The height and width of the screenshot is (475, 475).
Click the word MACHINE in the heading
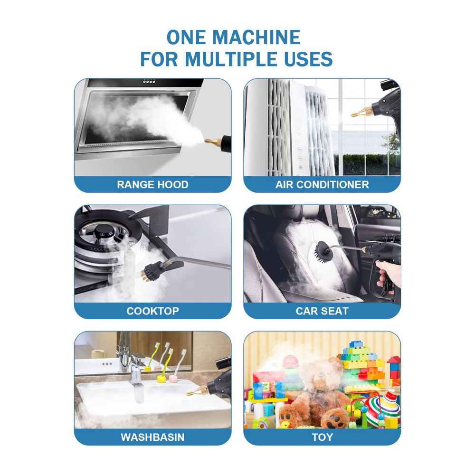[x=256, y=37]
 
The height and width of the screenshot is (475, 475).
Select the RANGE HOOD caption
[x=152, y=184]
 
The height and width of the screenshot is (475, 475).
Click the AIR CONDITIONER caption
[x=322, y=184]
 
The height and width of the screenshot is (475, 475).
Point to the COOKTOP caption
[x=152, y=311]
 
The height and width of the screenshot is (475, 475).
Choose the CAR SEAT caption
[x=322, y=311]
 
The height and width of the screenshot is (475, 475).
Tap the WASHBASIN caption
[x=152, y=437]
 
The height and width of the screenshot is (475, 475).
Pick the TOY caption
[x=323, y=437]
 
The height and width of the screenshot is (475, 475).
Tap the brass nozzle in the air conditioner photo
[x=362, y=111]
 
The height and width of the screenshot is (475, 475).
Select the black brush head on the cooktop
[x=154, y=271]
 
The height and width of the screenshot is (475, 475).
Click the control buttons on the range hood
[x=149, y=82]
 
